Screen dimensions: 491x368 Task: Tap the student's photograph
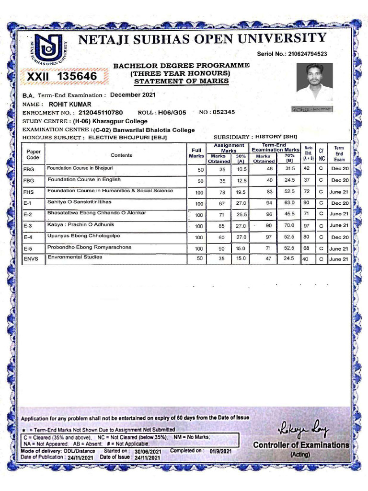pos(314,82)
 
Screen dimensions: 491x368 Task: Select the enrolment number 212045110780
pos(103,113)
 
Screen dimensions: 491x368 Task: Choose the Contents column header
pos(121,155)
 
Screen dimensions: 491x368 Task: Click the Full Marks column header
pos(196,153)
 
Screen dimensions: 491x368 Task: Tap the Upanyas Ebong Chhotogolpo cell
pos(83,236)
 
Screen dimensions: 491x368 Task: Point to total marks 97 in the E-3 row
pos(307,225)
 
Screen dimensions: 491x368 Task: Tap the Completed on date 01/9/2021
pos(220,451)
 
